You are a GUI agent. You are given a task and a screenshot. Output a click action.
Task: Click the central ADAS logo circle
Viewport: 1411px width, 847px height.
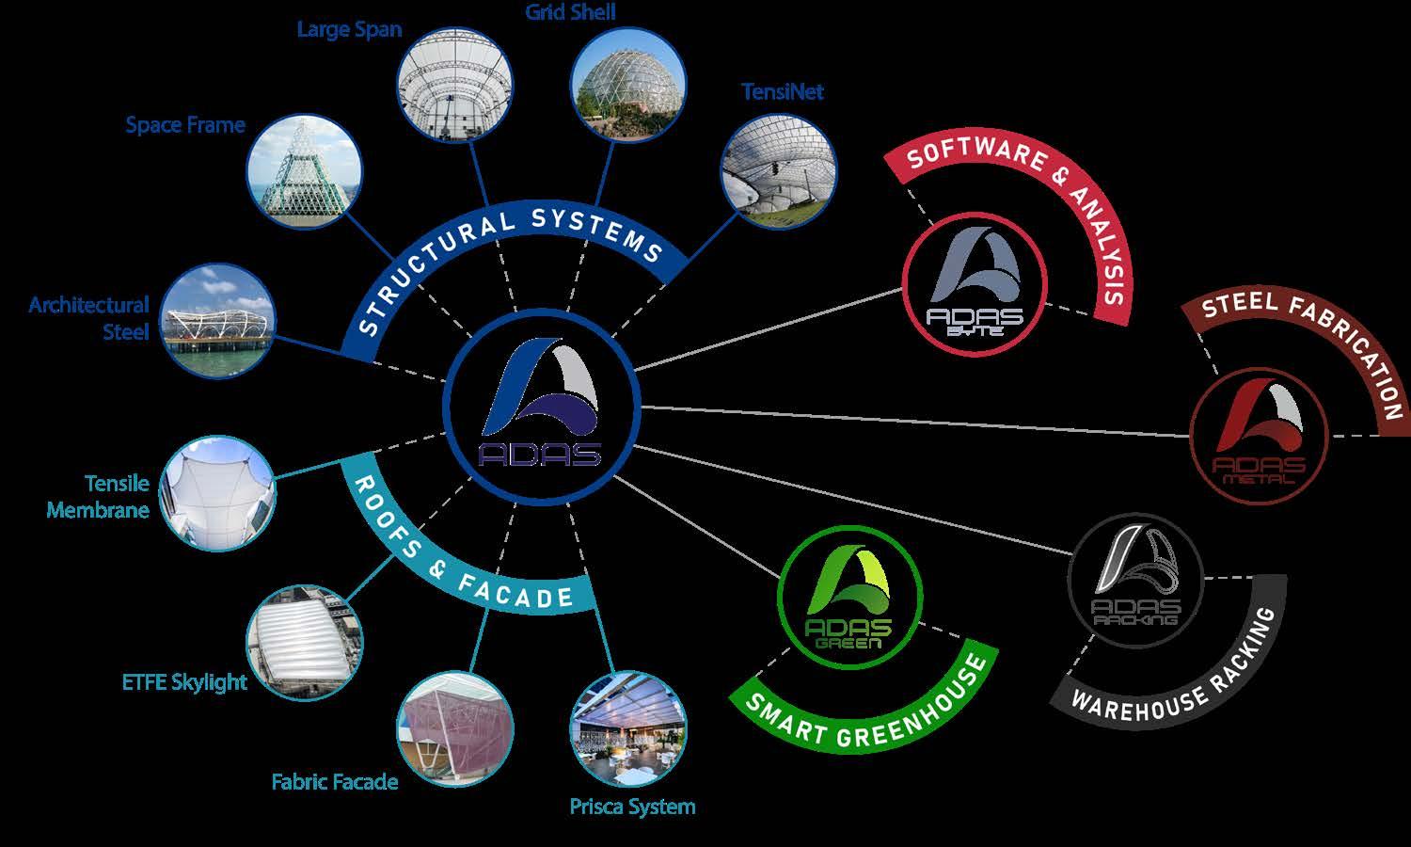point(542,406)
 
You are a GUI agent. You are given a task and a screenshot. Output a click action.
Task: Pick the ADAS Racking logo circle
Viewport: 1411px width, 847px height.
point(1135,580)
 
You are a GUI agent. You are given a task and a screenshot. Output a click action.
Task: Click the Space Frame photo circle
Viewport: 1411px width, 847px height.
point(304,170)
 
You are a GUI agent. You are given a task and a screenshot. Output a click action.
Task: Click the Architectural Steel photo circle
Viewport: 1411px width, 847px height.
point(218,322)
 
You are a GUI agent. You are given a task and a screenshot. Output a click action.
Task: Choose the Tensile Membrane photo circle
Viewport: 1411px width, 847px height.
point(218,493)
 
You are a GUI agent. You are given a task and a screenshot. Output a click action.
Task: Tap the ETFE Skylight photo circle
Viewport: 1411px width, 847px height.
point(304,643)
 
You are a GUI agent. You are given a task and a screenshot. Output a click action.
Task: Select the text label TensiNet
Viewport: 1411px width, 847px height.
point(782,91)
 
